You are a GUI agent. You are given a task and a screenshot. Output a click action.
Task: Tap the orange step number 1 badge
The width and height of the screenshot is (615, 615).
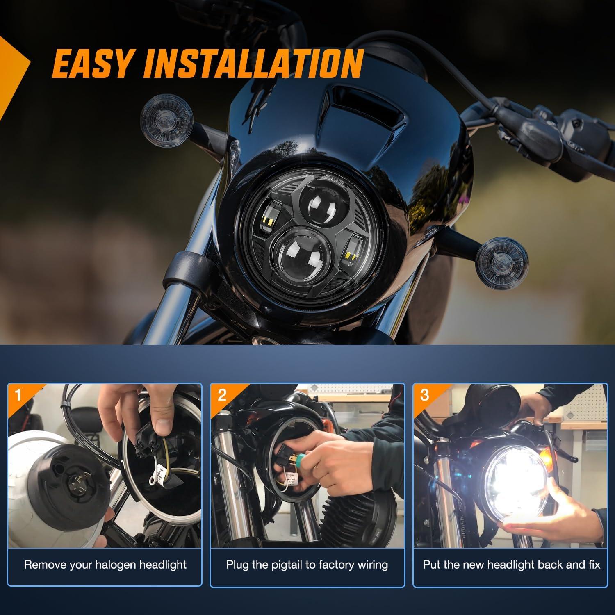click(x=18, y=396)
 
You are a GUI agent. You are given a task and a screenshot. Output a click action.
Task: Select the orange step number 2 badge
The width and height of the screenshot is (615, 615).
click(x=222, y=396)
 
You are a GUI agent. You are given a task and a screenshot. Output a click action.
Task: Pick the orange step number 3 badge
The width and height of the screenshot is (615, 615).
click(x=424, y=396)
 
